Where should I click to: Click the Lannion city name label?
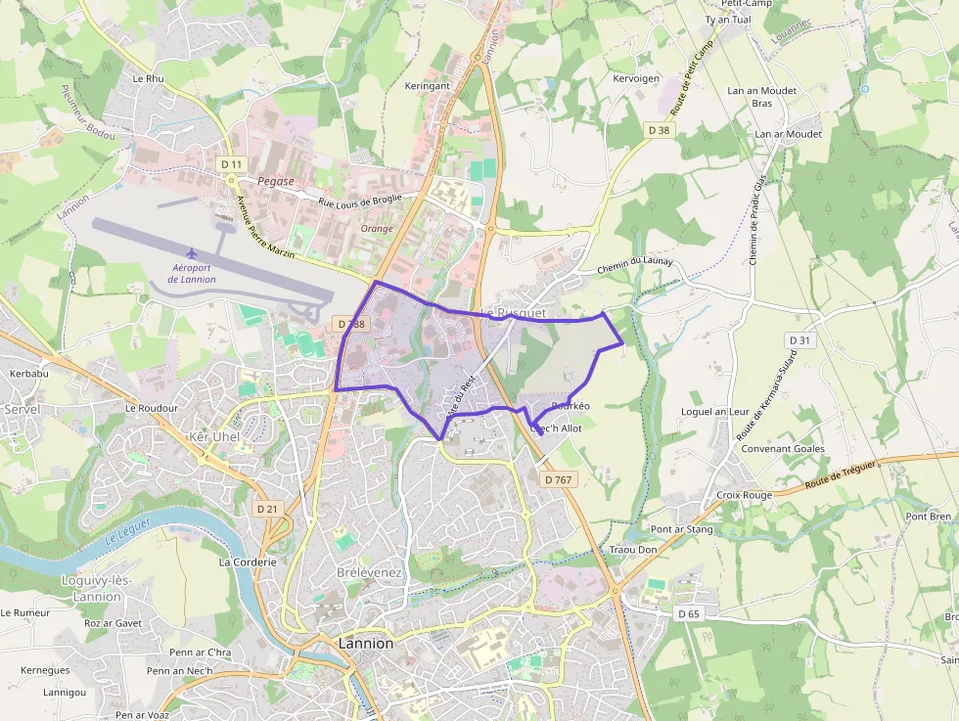(x=365, y=644)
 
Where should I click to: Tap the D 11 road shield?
(x=231, y=163)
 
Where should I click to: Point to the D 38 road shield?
(x=659, y=129)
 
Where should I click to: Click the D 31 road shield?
(x=799, y=339)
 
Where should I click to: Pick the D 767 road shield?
(x=557, y=479)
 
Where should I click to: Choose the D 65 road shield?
(x=689, y=613)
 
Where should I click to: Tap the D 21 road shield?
(x=267, y=509)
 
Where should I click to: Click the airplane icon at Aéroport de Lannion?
(x=192, y=254)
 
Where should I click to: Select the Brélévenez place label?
(x=370, y=571)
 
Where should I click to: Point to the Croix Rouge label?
(x=744, y=495)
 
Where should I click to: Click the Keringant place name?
(x=428, y=86)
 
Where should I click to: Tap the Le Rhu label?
(x=149, y=78)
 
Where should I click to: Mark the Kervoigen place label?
(x=636, y=78)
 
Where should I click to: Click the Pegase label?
(x=276, y=182)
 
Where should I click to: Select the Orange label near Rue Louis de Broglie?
(x=377, y=229)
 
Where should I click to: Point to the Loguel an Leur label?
(x=714, y=412)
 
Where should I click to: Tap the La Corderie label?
(x=248, y=563)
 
